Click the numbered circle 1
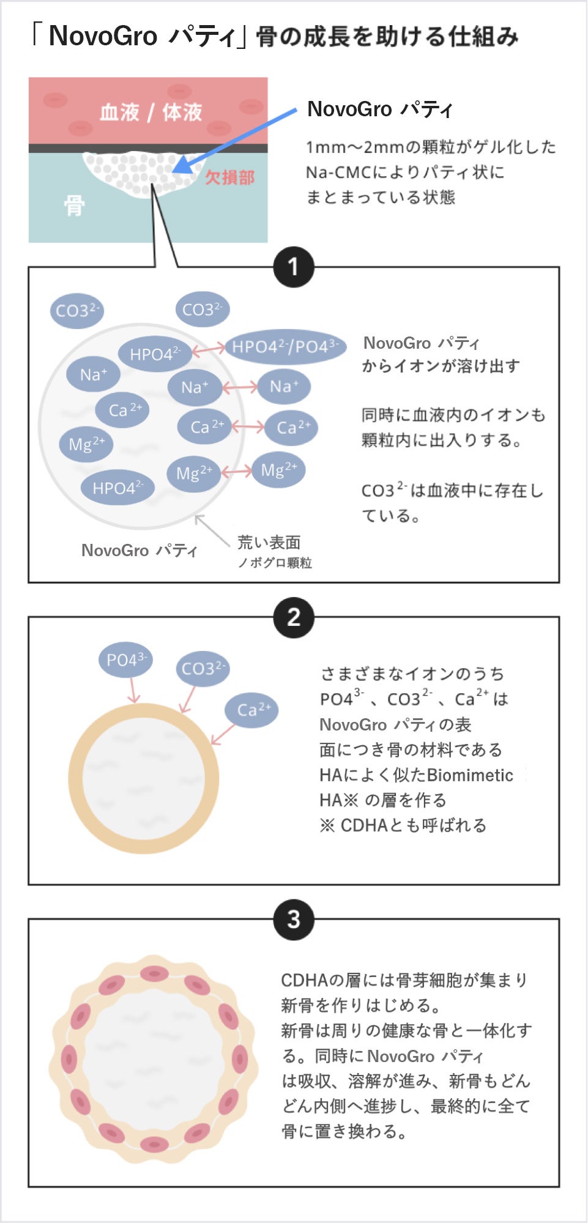(x=294, y=267)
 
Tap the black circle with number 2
(x=294, y=617)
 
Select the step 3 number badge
(x=294, y=919)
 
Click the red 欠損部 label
(x=229, y=177)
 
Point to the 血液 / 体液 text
(x=151, y=112)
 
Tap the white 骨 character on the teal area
(x=74, y=206)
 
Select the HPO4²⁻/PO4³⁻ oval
(x=285, y=347)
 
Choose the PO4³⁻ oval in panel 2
(x=125, y=660)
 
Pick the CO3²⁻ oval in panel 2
(x=203, y=668)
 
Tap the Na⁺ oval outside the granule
(x=284, y=386)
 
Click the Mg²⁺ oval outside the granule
(x=278, y=470)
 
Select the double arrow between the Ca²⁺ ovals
(x=248, y=426)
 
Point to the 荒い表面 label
(x=269, y=542)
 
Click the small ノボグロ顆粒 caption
(x=275, y=563)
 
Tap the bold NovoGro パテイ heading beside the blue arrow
(x=379, y=110)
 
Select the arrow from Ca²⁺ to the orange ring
(x=223, y=734)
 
